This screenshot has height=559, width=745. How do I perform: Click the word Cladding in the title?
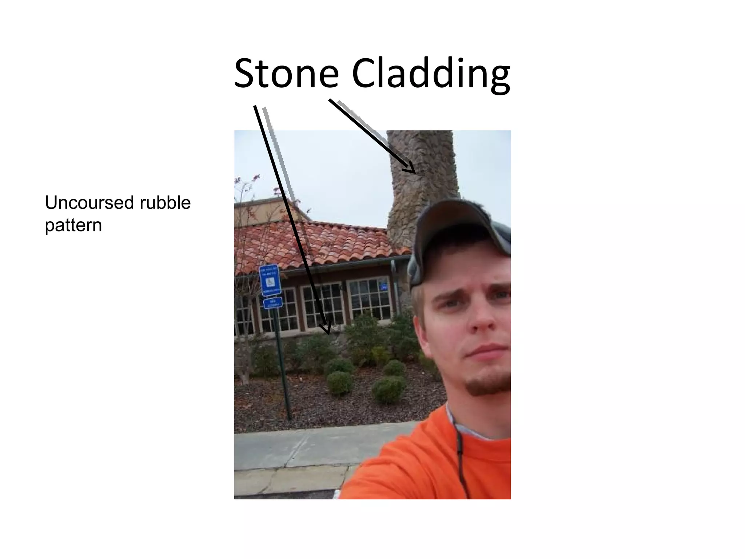click(x=431, y=75)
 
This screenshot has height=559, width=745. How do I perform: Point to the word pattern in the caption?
click(x=73, y=226)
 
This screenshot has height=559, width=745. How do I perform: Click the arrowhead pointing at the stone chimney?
click(x=411, y=169)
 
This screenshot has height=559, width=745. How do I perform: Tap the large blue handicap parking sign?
click(x=270, y=279)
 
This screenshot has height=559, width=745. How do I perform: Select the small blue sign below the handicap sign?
click(x=272, y=303)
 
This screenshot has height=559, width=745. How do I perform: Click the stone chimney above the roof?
click(x=422, y=175)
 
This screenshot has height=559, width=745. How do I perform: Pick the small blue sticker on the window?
click(x=384, y=287)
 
